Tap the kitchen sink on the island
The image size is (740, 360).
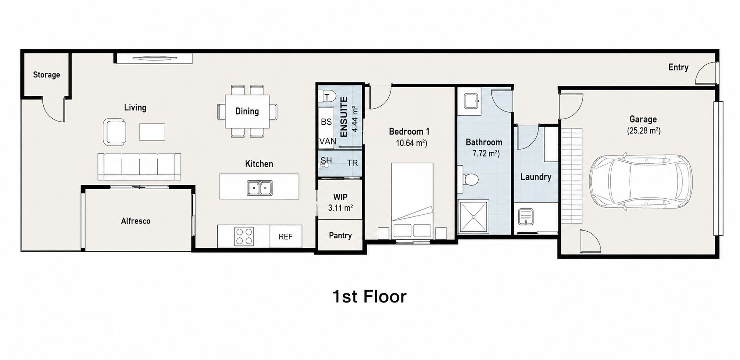pyautogui.click(x=260, y=188)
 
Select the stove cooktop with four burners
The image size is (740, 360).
pyautogui.click(x=244, y=236)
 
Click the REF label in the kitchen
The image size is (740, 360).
pyautogui.click(x=286, y=237)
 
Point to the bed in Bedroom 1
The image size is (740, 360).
pyautogui.click(x=412, y=200)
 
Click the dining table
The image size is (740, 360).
pyautogui.click(x=247, y=111)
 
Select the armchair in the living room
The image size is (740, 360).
pyautogui.click(x=114, y=132)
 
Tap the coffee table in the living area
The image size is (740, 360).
pyautogui.click(x=152, y=132)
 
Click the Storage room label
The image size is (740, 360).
pyautogui.click(x=47, y=75)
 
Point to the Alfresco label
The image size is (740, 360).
pyautogui.click(x=136, y=221)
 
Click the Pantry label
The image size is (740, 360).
pyautogui.click(x=340, y=235)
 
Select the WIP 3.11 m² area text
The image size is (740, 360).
pyautogui.click(x=340, y=202)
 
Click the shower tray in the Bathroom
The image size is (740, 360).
pyautogui.click(x=473, y=217)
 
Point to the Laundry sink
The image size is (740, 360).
pyautogui.click(x=526, y=217)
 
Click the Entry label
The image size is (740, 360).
pyautogui.click(x=678, y=67)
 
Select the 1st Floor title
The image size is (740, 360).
pyautogui.click(x=370, y=297)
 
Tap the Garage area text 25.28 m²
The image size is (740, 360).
pyautogui.click(x=644, y=131)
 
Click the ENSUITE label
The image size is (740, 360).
pyautogui.click(x=344, y=116)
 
